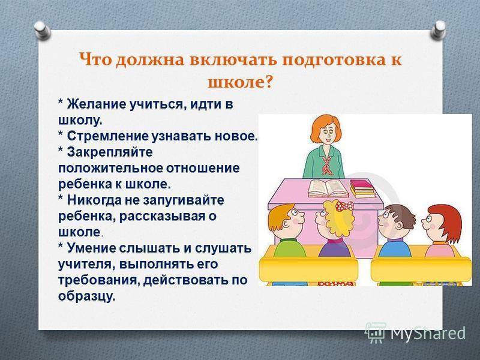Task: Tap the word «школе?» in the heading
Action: [x=240, y=82]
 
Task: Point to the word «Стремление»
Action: [x=107, y=136]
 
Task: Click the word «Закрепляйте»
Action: [x=110, y=152]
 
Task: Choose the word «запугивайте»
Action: [x=184, y=200]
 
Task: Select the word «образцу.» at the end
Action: [x=86, y=296]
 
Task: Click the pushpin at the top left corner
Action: [x=42, y=30]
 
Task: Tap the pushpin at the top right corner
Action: [x=439, y=29]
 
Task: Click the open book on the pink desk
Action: [x=328, y=188]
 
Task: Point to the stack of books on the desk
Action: [x=362, y=188]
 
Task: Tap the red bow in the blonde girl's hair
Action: [x=344, y=206]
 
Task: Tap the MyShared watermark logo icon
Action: [x=376, y=332]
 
